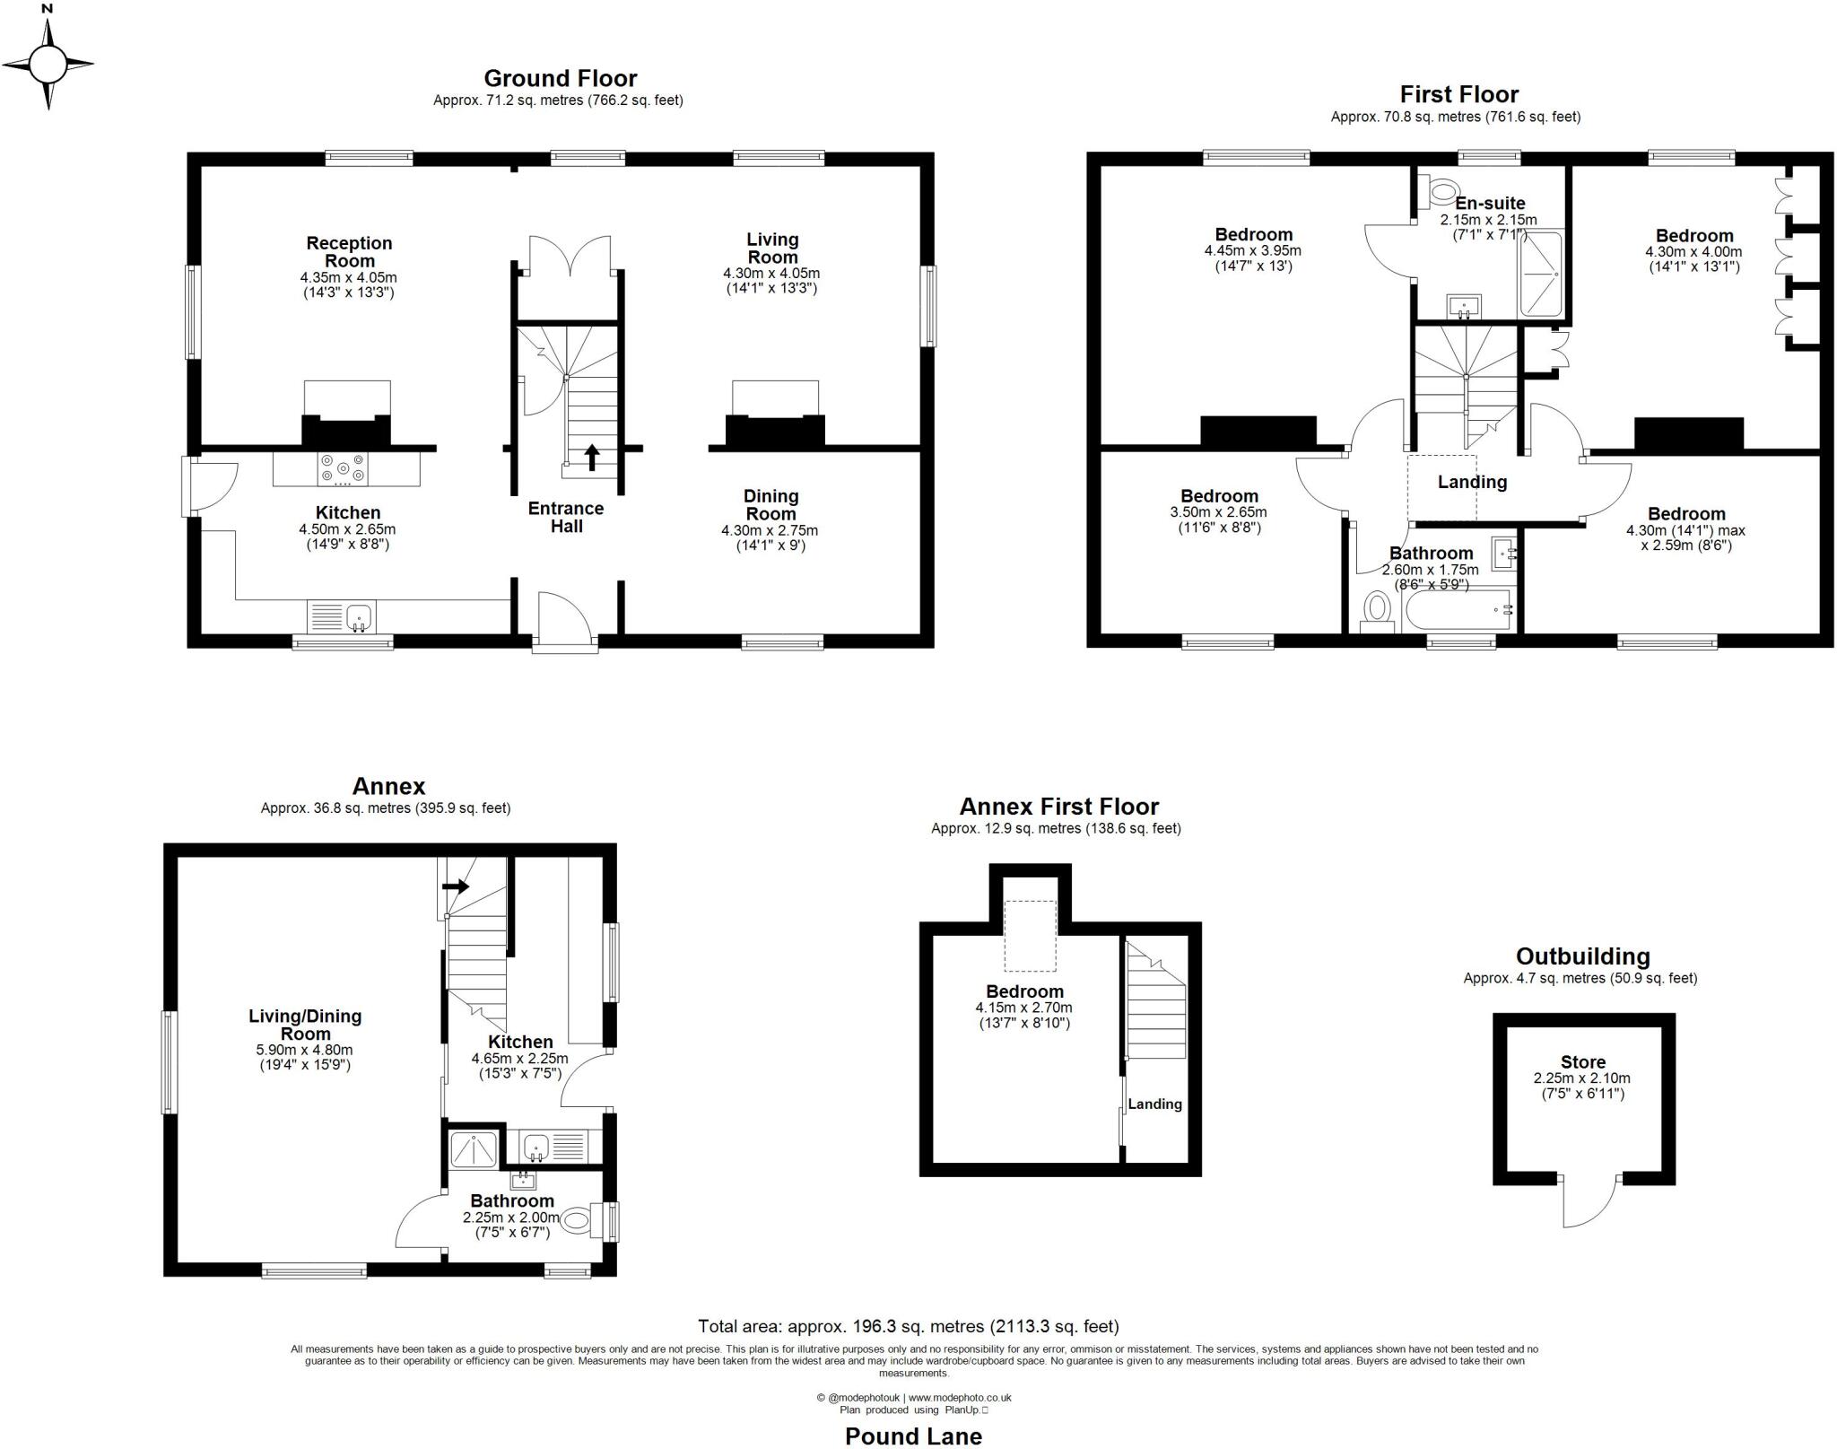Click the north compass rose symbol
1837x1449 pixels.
[x=48, y=64]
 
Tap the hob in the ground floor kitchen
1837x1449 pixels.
[x=343, y=468]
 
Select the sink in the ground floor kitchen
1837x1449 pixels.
[x=360, y=616]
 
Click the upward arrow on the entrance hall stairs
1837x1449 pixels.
[x=592, y=456]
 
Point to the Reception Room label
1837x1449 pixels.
[x=350, y=252]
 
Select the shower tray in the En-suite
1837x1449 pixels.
[x=1541, y=274]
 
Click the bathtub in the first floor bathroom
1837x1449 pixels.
[x=1458, y=610]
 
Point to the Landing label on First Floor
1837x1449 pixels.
[x=1472, y=482]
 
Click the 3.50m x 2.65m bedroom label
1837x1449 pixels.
[x=1219, y=511]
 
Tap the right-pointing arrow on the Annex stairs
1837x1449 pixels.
[x=456, y=886]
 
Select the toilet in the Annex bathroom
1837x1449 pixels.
[x=576, y=1219]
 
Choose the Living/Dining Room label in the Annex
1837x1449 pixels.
[x=305, y=1025]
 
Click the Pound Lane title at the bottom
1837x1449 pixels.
[x=913, y=1436]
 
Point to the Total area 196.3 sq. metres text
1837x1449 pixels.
[x=908, y=1326]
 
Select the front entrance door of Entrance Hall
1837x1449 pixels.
[x=563, y=619]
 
